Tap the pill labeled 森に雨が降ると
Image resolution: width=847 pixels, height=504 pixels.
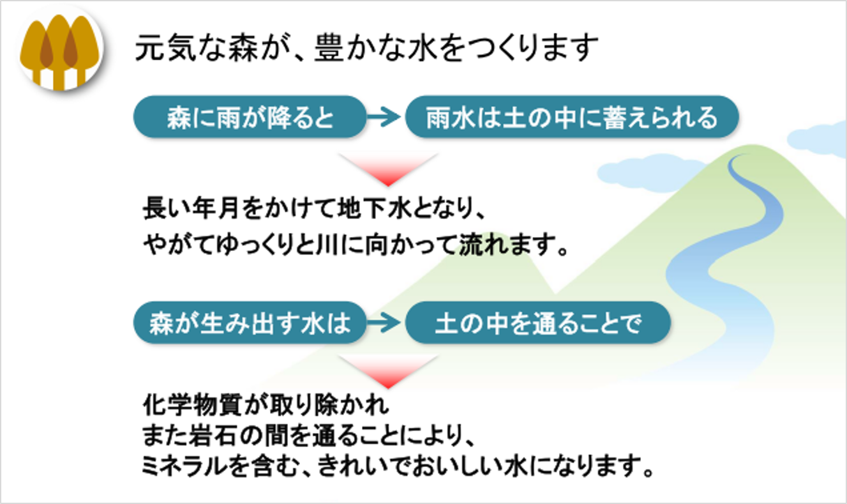[250, 116]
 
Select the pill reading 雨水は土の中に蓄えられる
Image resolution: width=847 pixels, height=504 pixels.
[572, 116]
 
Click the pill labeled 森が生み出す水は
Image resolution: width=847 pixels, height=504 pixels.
[250, 323]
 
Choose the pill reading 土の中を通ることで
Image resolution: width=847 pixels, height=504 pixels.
[537, 323]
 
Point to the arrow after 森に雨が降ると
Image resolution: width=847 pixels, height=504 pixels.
[384, 116]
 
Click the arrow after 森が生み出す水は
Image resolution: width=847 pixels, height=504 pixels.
[384, 323]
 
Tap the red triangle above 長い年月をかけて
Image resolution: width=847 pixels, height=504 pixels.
[388, 169]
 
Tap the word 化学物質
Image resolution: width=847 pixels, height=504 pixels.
[192, 405]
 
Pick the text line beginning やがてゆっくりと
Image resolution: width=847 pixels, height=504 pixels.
[356, 245]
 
